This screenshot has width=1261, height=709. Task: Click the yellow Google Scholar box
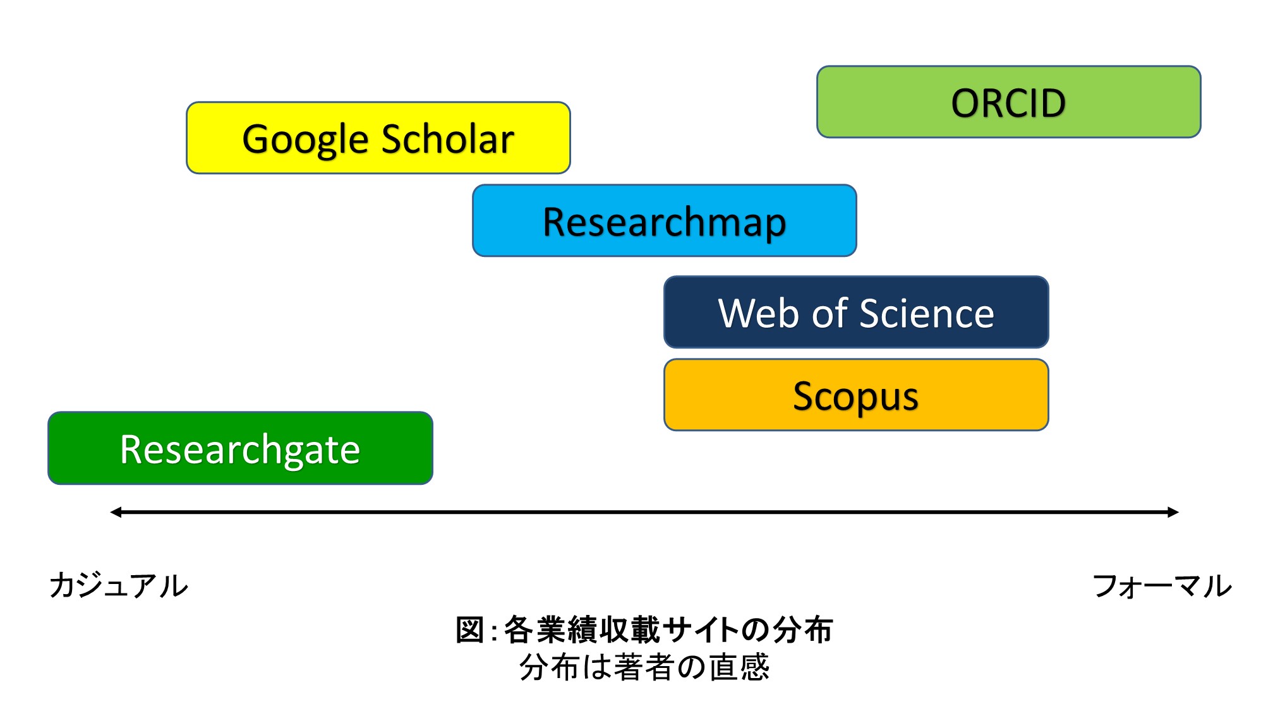[378, 138]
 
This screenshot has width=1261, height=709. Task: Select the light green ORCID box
[1009, 102]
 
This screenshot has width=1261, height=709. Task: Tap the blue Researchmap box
[665, 220]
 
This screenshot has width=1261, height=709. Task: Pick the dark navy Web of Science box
[856, 312]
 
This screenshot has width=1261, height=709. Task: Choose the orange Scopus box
[856, 395]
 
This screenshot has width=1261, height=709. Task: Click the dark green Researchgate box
[240, 448]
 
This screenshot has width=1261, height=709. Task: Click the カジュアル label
[119, 585]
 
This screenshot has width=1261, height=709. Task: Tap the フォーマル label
[1162, 586]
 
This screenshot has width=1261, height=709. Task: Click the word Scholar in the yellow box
[448, 139]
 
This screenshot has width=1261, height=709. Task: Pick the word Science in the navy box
[927, 313]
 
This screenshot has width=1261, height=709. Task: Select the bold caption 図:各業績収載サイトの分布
[644, 629]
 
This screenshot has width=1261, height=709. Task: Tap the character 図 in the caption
[471, 629]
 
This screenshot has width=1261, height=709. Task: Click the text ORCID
[1009, 103]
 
